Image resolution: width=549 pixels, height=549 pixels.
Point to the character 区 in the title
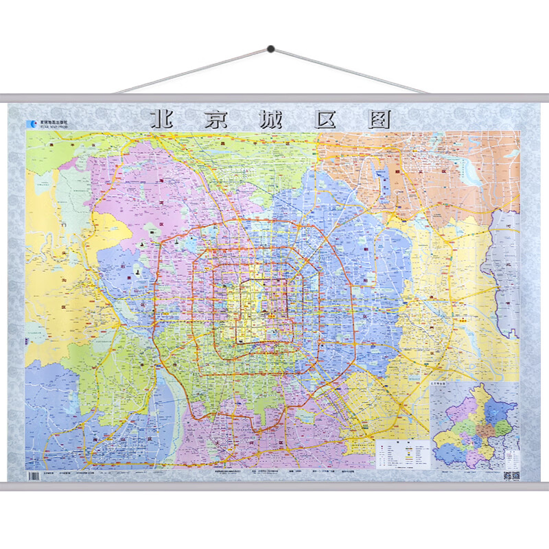(327, 118)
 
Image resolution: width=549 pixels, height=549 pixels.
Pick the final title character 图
(380, 118)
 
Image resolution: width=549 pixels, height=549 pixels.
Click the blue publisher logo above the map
(31, 124)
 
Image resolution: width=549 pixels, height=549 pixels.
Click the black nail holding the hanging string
(270, 49)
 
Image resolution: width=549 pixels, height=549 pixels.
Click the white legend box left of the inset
(402, 454)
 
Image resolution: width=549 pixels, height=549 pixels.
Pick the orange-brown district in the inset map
(484, 429)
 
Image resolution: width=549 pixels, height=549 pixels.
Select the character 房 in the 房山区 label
(95, 437)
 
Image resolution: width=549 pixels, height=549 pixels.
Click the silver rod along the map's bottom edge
(274, 487)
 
